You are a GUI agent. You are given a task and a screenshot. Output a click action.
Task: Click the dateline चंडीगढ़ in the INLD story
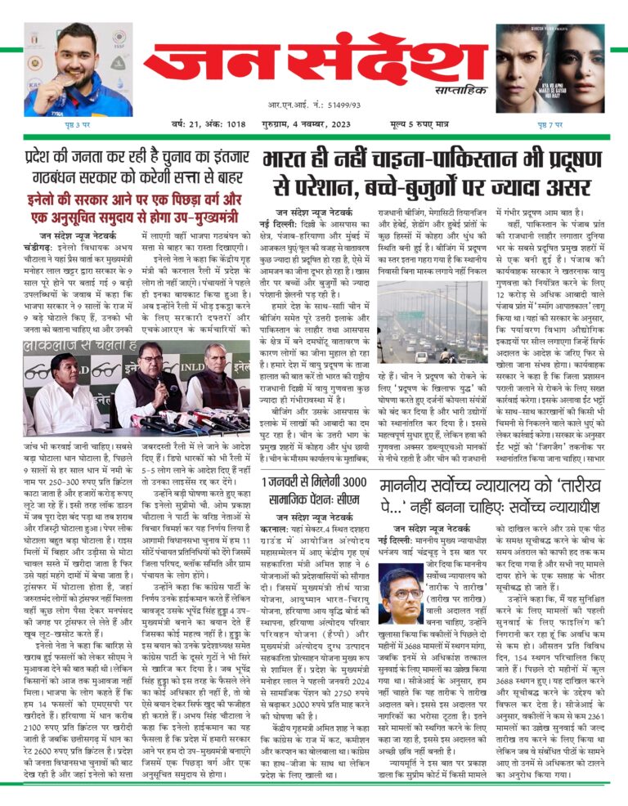(39, 248)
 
